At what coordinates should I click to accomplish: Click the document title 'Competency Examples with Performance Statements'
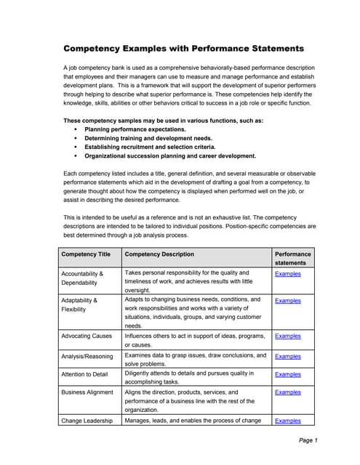[183, 49]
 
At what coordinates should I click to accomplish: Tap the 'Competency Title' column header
[86, 254]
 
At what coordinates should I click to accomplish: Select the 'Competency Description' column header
[159, 254]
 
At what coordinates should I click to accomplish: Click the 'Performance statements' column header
[293, 259]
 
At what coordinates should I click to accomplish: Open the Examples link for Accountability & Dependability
[287, 274]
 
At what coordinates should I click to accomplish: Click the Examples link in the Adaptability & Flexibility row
[287, 300]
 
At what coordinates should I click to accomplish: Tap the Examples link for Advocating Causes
[287, 336]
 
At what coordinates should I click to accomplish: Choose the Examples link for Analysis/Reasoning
[287, 356]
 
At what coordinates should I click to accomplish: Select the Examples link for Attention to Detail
[287, 374]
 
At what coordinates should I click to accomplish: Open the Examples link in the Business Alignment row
[287, 392]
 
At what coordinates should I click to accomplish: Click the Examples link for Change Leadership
[287, 421]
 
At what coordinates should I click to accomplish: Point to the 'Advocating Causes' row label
[87, 336]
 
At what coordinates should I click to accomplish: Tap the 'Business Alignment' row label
[87, 392]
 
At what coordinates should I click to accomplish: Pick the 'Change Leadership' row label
[87, 421]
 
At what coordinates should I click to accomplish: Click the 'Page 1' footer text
[308, 441]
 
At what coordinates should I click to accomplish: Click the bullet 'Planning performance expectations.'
[135, 129]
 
